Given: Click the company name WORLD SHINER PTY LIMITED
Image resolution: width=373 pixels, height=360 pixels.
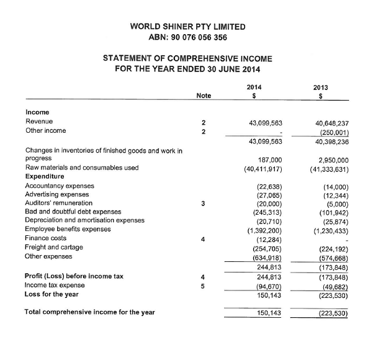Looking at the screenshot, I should [x=187, y=27].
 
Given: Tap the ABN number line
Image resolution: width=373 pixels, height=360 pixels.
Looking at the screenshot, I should [x=187, y=37].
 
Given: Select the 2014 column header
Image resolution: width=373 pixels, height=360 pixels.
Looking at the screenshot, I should [x=254, y=88].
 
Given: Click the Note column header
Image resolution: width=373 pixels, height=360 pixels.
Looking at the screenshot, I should [x=203, y=96].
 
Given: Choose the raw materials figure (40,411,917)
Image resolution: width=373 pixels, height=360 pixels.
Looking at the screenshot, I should [x=264, y=168].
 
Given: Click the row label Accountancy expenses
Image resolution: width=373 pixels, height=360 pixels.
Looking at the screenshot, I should [x=60, y=186].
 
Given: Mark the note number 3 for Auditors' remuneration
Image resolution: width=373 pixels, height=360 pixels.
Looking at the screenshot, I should [x=203, y=203].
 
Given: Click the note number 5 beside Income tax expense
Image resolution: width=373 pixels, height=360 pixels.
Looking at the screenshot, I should [x=203, y=286].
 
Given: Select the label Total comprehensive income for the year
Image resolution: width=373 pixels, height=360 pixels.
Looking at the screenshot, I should [x=90, y=312].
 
